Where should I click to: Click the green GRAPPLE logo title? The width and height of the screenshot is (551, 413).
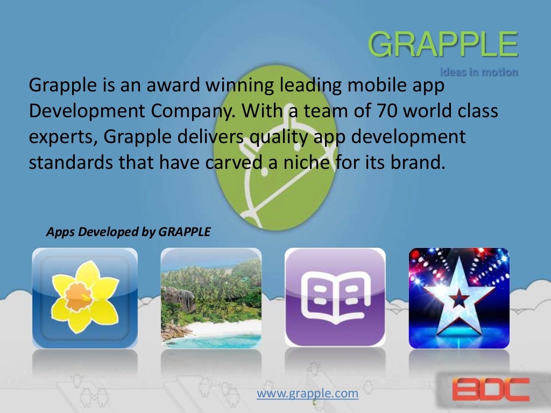[443, 45]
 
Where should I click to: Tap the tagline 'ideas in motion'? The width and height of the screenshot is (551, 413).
[479, 72]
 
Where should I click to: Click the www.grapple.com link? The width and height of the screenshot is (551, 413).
[307, 394]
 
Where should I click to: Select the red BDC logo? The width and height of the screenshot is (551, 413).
[490, 389]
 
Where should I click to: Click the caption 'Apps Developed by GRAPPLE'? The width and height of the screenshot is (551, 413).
[128, 232]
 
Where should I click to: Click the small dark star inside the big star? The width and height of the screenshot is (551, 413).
[459, 299]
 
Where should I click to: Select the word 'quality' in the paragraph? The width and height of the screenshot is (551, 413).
[286, 137]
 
